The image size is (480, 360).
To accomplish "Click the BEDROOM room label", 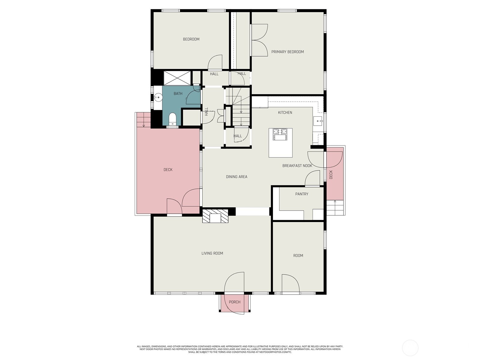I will tap(191, 39).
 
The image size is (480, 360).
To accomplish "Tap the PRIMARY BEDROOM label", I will tap(287, 52).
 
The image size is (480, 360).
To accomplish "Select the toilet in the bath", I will tap(172, 119).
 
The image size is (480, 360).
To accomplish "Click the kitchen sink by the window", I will tap(318, 121).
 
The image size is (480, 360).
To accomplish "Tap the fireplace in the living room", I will tap(215, 216).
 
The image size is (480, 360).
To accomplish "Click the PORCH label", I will tap(235, 302).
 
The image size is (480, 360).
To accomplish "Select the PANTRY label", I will tap(301, 194).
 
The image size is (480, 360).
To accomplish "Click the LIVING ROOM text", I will tap(212, 253).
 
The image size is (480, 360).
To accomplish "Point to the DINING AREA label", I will tap(236, 177).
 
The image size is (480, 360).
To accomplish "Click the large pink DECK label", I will tap(168, 170).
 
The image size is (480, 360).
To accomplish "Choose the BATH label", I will tap(178, 94).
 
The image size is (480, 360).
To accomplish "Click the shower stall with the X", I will tap(177, 78).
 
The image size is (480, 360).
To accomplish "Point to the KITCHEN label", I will tap(285, 113).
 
